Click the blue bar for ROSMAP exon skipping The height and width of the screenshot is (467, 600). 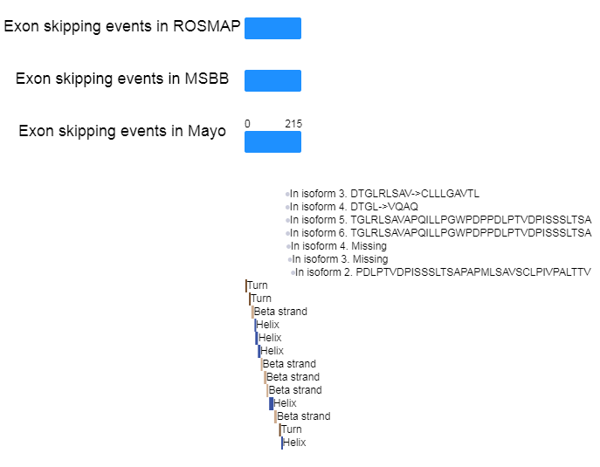(x=272, y=28)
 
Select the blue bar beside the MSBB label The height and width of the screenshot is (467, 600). (x=272, y=80)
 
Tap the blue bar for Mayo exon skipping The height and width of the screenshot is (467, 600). (x=272, y=141)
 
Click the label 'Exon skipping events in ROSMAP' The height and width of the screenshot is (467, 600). (x=122, y=26)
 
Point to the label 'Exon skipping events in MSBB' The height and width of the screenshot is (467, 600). (x=122, y=79)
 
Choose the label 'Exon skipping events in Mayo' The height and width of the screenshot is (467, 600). (x=122, y=131)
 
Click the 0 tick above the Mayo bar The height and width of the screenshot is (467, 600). (x=247, y=124)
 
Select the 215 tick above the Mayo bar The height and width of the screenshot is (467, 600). (x=293, y=124)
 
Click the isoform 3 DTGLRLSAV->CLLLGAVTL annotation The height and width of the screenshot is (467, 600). (x=384, y=194)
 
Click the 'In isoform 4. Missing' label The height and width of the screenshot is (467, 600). (x=337, y=246)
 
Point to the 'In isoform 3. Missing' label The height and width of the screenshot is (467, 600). (x=340, y=259)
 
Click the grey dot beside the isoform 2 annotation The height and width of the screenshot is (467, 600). (x=292, y=273)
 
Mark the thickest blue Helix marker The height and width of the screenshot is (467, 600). (x=272, y=403)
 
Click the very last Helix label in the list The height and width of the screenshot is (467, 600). (x=294, y=443)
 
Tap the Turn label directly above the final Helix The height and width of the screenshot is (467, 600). (x=292, y=429)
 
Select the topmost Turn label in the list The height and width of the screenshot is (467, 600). (x=258, y=285)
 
